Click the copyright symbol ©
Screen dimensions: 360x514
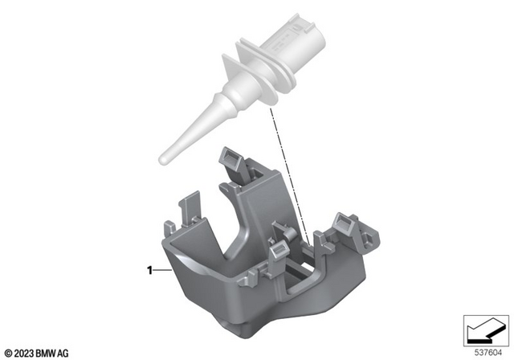point(8,351)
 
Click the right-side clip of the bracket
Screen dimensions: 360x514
point(344,223)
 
